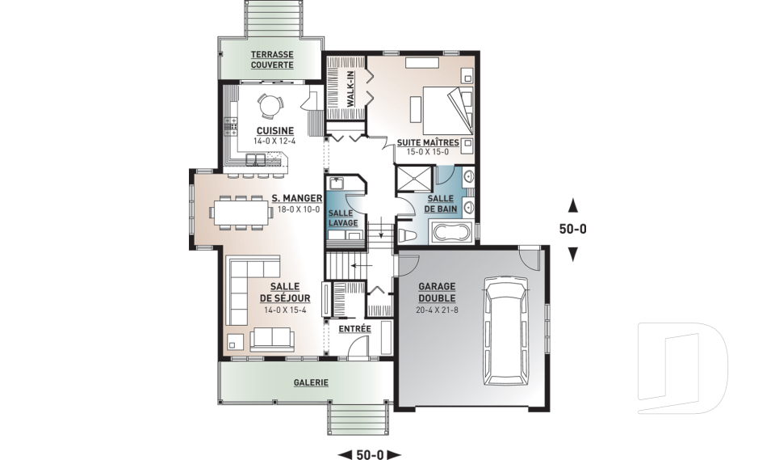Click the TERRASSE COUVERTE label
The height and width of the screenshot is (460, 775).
(x=272, y=59)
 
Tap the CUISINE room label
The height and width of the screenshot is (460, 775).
(x=274, y=131)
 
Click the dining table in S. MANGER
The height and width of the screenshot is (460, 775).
(x=241, y=213)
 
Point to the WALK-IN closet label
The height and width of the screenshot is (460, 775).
(x=350, y=89)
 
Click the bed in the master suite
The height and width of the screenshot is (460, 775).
(x=448, y=110)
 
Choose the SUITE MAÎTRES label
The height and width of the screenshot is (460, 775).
(x=428, y=142)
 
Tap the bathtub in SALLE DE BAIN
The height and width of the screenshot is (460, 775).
(x=450, y=233)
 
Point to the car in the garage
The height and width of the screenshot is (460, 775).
(x=507, y=331)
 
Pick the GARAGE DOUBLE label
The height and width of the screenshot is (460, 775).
(x=437, y=292)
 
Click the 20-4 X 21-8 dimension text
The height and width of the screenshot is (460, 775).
(x=437, y=310)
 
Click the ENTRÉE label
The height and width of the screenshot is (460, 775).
(x=354, y=329)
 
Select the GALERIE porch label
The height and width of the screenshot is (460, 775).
(x=311, y=382)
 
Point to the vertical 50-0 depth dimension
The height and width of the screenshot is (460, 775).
(x=573, y=230)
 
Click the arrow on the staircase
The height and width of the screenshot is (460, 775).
(x=362, y=266)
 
